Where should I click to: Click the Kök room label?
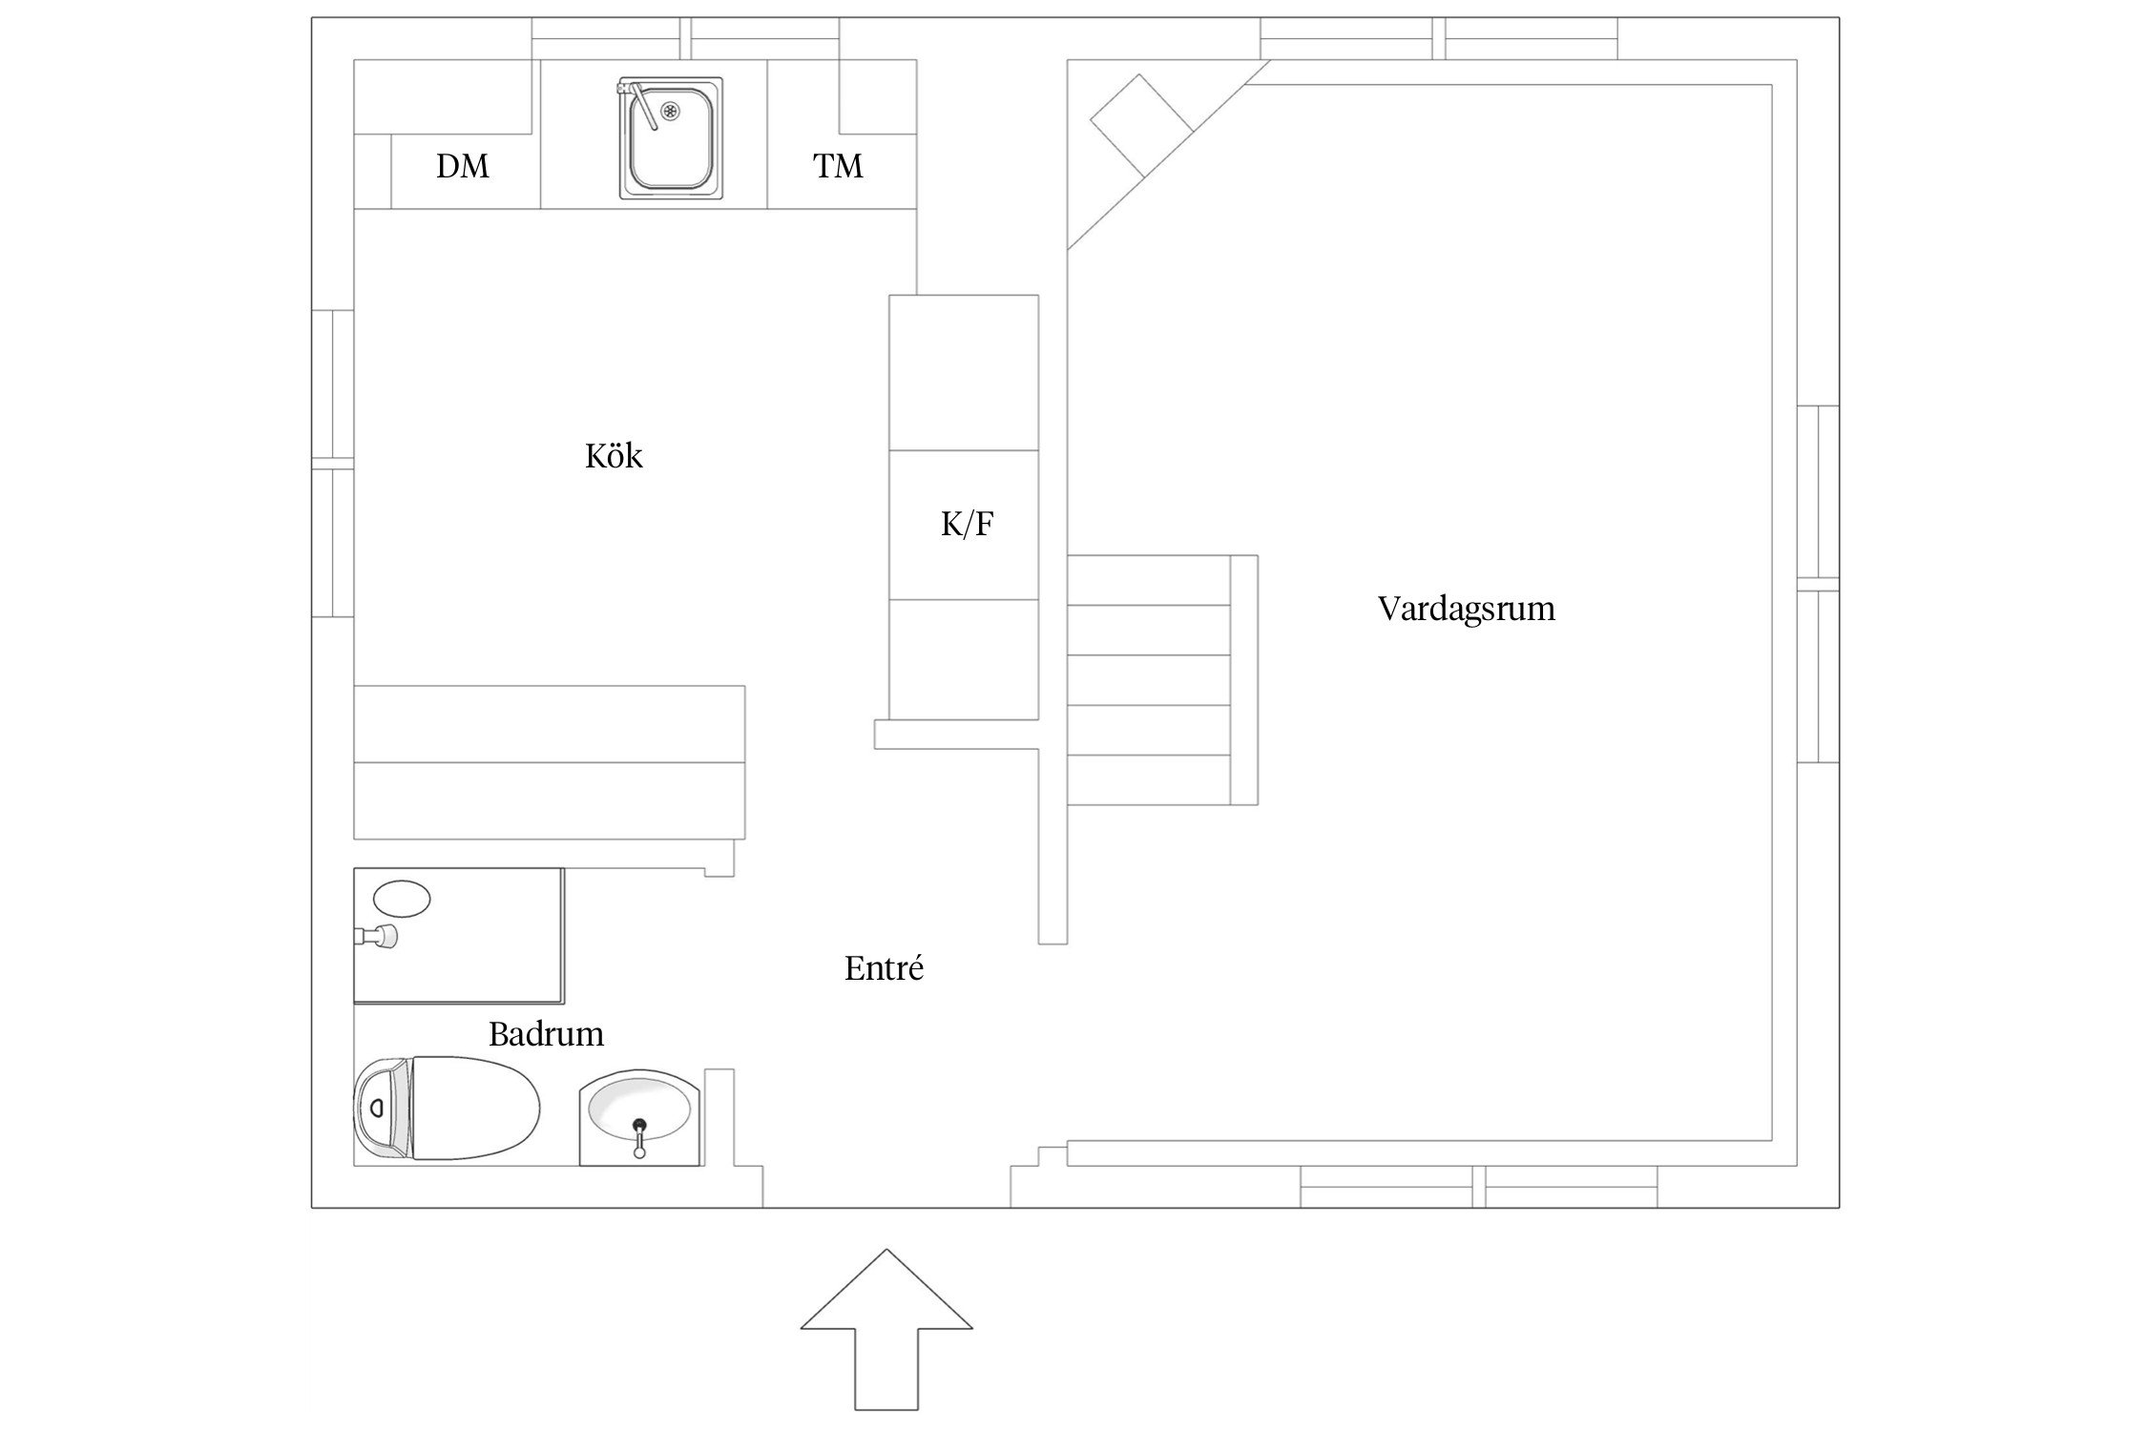614,456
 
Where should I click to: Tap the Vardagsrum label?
1467,609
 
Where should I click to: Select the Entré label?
885,969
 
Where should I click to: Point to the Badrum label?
546,1034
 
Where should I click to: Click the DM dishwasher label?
463,166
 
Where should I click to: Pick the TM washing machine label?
838,166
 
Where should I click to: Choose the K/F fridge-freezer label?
967,524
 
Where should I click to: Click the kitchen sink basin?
671,139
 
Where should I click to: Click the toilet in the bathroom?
447,1108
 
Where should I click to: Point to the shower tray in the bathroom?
459,935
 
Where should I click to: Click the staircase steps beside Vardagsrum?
1161,680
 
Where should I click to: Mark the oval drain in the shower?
402,899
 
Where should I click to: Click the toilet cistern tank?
383,1108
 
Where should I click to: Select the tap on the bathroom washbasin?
639,1138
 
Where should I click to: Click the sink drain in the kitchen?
672,114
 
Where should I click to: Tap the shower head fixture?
378,937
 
